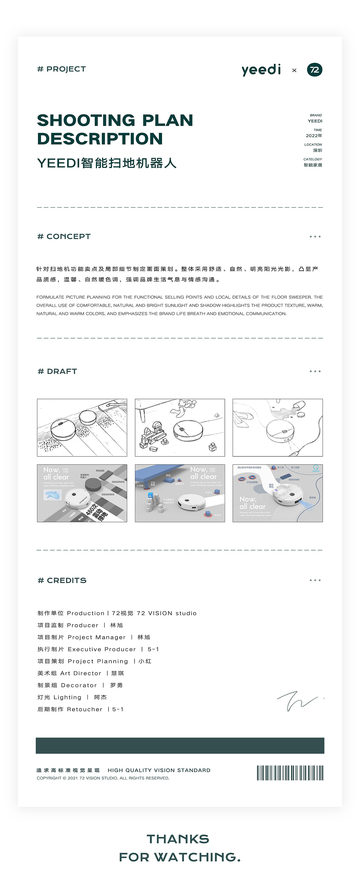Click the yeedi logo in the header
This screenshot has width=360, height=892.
tap(261, 70)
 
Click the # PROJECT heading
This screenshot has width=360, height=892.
tap(62, 69)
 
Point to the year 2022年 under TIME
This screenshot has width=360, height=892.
tap(314, 136)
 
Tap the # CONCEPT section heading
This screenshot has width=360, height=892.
tap(64, 236)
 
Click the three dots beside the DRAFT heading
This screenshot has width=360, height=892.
tap(315, 371)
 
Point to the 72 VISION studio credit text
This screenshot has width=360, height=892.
tap(166, 613)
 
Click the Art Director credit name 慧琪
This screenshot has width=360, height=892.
tap(117, 673)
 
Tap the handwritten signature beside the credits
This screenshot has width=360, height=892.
tap(298, 700)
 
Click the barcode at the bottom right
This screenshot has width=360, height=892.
tap(290, 773)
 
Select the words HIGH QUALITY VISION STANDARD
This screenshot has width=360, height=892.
tap(159, 770)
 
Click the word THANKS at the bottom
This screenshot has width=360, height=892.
tap(178, 839)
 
